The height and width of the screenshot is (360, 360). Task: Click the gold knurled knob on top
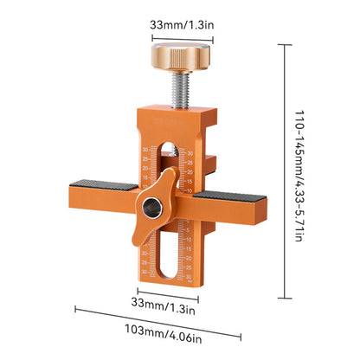(x=185, y=56)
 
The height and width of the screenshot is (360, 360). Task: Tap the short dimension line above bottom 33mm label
(x=164, y=292)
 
